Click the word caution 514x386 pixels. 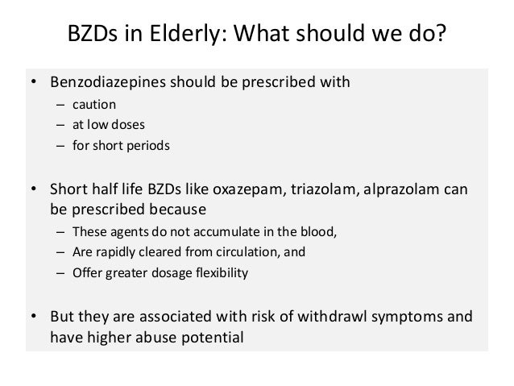(x=96, y=104)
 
